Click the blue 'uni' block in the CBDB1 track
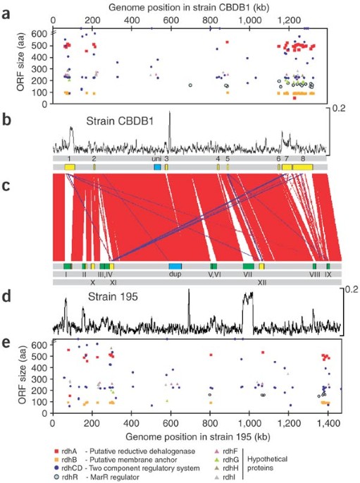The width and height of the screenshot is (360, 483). (157, 167)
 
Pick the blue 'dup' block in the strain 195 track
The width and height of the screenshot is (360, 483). (175, 266)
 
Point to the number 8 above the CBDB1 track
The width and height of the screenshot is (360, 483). (303, 159)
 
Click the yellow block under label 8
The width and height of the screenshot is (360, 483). (302, 167)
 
